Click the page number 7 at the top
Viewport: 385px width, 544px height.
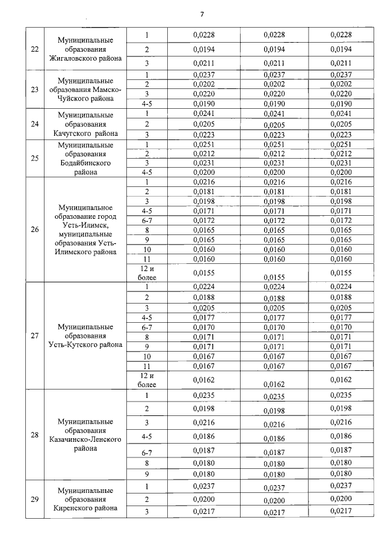point(202,14)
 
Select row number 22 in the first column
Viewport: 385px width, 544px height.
point(34,49)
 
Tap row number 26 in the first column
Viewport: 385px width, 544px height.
point(34,228)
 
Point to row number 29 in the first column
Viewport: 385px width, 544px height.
point(34,499)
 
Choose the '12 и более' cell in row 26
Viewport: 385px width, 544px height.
point(147,272)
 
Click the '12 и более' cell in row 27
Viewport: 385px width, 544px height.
point(147,380)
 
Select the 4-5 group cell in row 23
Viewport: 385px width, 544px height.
point(146,103)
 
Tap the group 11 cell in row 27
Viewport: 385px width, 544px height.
point(146,366)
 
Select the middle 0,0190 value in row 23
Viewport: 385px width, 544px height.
point(274,103)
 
